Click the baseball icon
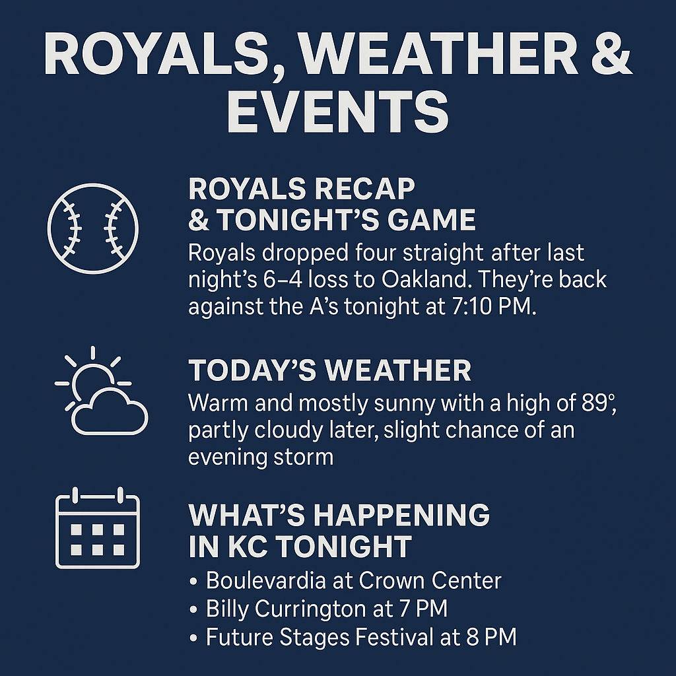(92, 228)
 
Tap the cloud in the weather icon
(110, 412)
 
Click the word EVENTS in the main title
(338, 112)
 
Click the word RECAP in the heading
(364, 189)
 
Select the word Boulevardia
(265, 580)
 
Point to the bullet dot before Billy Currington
(193, 610)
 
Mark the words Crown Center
(430, 580)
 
